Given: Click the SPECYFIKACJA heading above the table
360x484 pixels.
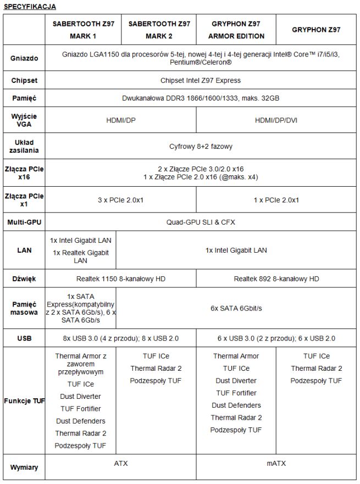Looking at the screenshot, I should coord(29,7).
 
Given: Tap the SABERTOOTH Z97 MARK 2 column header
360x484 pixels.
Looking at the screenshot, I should coord(159,30).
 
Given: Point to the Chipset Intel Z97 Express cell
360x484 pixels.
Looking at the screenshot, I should coord(200,80).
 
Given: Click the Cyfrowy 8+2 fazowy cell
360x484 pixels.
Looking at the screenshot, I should coord(200,147).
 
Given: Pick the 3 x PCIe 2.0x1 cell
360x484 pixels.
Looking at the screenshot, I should coord(120,200).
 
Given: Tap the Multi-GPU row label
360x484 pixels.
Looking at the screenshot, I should coord(24,222).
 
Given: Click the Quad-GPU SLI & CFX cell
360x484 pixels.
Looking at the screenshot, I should coord(200,222).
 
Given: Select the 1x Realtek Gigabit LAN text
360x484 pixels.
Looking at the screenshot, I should coord(81,257).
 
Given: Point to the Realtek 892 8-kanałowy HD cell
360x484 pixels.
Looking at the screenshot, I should coord(276,279).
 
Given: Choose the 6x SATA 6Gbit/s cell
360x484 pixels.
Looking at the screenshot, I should coord(236,308).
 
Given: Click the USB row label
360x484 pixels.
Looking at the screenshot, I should coord(24,338).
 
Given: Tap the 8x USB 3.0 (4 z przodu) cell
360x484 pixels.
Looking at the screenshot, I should coord(120,338).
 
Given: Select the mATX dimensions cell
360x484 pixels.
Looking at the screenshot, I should coord(276,463).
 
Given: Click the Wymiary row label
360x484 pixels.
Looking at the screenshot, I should coord(24,468).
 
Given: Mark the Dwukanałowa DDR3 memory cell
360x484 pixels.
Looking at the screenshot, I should coord(200,98).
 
